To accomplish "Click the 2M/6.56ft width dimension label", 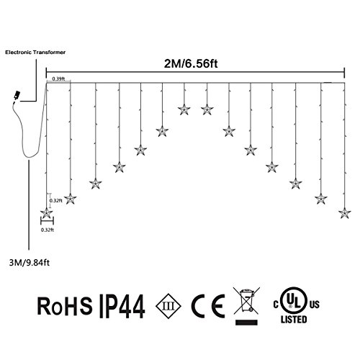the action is (x=191, y=64).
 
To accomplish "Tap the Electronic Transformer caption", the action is (x=35, y=53).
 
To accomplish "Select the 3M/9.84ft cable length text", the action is (x=30, y=263).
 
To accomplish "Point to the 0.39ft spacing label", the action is (x=58, y=78).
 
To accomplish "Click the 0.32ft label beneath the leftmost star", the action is (x=48, y=230).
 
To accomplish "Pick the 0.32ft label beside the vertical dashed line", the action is (x=56, y=201).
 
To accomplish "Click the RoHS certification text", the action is (x=65, y=306).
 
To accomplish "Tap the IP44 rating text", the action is (x=122, y=306).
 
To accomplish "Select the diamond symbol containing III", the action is (x=168, y=306).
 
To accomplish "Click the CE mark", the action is (x=208, y=306).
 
